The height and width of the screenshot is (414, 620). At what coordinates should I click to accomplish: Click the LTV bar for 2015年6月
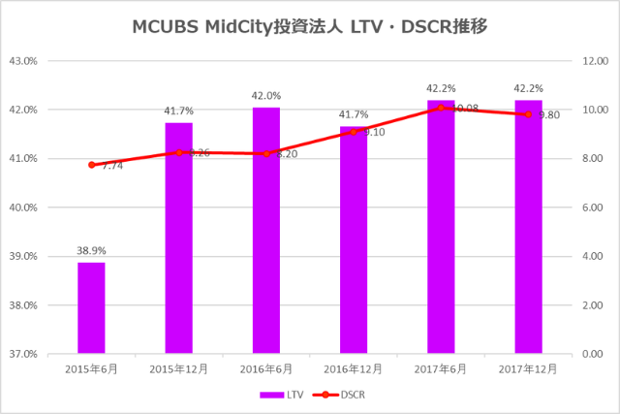point(91,307)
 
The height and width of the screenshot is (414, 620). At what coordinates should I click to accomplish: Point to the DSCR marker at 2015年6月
point(91,165)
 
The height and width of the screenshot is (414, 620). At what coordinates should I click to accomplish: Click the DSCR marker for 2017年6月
point(441,108)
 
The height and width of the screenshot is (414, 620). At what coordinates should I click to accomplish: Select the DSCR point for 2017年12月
point(528,114)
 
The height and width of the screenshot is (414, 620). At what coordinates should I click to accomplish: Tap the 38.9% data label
point(91,250)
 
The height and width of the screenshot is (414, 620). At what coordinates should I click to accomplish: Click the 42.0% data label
point(266,96)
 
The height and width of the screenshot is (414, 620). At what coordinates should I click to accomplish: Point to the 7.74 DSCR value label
point(112,167)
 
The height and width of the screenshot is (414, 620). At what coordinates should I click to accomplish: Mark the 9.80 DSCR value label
point(549,114)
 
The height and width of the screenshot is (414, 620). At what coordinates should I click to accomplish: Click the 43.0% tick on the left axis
point(22,60)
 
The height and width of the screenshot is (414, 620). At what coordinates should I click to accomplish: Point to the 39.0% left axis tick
point(22,256)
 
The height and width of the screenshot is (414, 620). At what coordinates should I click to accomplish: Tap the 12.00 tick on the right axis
point(594,60)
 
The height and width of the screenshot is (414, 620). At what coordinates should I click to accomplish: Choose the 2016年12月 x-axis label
point(354,369)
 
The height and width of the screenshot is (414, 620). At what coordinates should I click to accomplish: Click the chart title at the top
point(309,27)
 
